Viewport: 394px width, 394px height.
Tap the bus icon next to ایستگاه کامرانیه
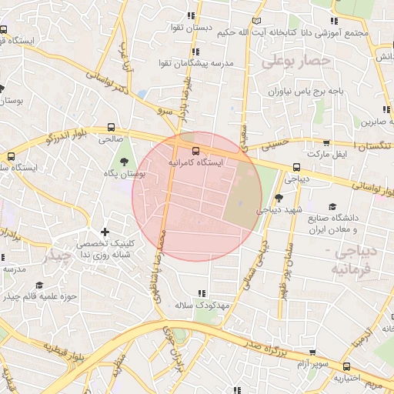[195, 151]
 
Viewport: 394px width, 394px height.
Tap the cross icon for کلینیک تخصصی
[105, 232]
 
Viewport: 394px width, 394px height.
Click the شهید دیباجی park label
[279, 209]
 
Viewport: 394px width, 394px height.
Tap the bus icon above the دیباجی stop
[297, 167]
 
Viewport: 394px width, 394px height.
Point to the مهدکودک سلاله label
[202, 306]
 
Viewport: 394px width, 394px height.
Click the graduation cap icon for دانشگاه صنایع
[332, 206]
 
